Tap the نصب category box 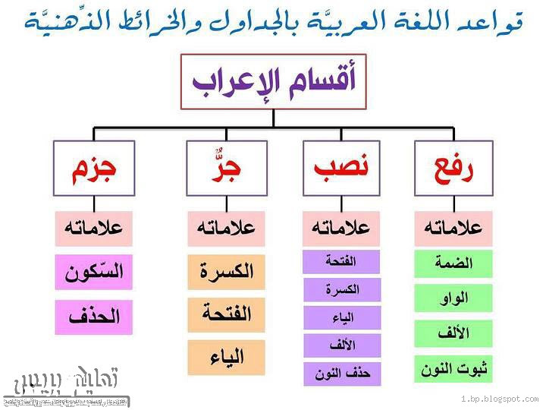(341, 167)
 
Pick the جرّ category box (224, 167)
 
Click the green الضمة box (453, 263)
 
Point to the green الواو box (453, 298)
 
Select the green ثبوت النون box (453, 369)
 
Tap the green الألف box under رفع (453, 333)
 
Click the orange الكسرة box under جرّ (226, 272)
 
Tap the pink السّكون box (93, 272)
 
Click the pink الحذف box (93, 317)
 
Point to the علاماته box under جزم (93, 228)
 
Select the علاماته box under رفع (453, 228)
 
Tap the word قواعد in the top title (497, 20)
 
